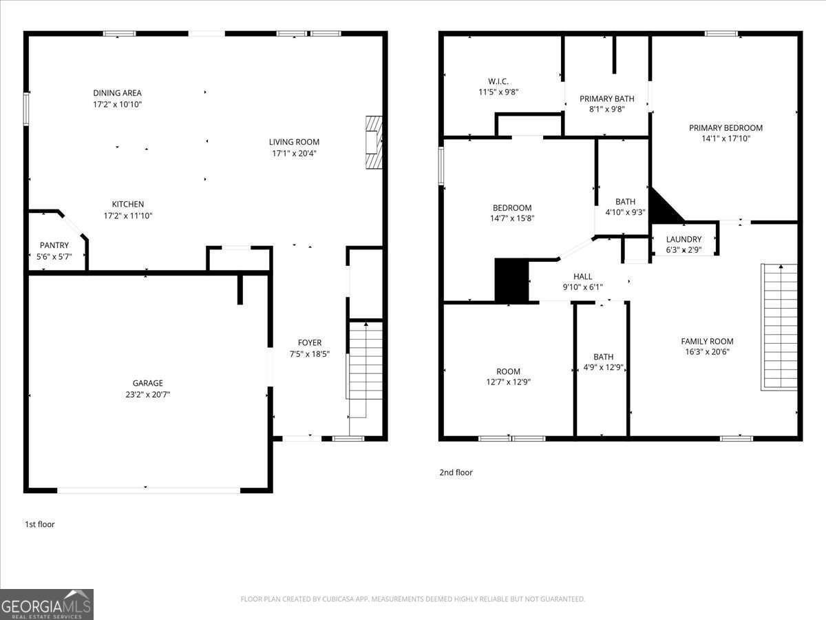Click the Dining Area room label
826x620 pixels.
tap(117, 93)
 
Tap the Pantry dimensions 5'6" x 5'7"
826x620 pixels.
tap(54, 256)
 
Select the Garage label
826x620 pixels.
tap(148, 383)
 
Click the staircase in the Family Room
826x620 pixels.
tap(779, 327)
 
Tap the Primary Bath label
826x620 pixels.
tap(606, 99)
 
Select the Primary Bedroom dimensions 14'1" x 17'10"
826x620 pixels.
tap(726, 138)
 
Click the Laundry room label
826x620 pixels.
tap(684, 239)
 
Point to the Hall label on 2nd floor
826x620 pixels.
tap(582, 276)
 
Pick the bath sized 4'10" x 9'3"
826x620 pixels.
tap(625, 207)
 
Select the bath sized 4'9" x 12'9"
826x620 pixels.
tap(603, 362)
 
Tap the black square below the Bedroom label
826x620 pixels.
tap(511, 280)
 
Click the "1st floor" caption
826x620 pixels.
tap(39, 524)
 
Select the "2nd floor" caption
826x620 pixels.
tap(456, 473)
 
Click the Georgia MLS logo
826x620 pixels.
tap(47, 604)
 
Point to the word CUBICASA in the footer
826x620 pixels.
tap(339, 599)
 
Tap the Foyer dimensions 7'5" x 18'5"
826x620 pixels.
tap(309, 354)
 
